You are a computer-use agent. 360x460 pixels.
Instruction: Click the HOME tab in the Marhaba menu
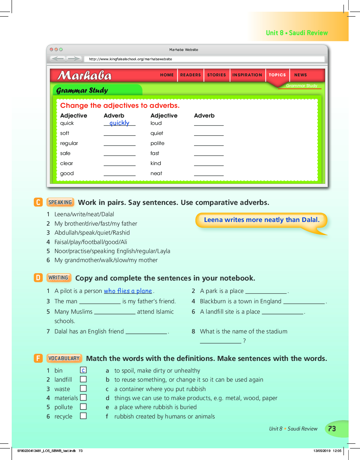[x=167, y=75]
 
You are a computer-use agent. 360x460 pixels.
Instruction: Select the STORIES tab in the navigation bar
[x=216, y=75]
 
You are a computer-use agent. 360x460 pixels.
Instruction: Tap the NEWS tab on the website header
[x=300, y=75]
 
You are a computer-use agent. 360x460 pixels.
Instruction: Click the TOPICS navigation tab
[x=277, y=75]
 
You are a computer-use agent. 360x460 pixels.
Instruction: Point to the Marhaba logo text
[x=85, y=76]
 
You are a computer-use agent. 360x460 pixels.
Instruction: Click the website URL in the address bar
[x=130, y=59]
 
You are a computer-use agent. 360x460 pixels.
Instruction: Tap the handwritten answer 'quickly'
[x=119, y=123]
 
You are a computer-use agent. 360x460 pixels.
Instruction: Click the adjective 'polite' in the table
[x=158, y=143]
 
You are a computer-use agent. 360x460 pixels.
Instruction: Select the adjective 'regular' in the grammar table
[x=69, y=143]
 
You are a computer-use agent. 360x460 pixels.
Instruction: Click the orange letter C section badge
[x=38, y=202]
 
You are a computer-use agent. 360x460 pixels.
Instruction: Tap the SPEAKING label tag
[x=60, y=202]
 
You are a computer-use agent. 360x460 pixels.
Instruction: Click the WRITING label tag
[x=59, y=278]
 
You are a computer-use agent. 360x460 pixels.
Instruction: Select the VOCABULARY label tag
[x=64, y=358]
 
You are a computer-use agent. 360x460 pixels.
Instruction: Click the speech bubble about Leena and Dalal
[x=262, y=220]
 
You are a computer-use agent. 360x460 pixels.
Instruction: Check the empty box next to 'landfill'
[x=83, y=379]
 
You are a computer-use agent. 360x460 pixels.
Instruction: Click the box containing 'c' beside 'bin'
[x=83, y=370]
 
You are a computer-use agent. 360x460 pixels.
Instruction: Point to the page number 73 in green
[x=332, y=429]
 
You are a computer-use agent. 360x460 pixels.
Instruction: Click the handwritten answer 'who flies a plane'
[x=128, y=291]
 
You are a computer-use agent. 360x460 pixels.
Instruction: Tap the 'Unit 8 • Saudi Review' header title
[x=297, y=33]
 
